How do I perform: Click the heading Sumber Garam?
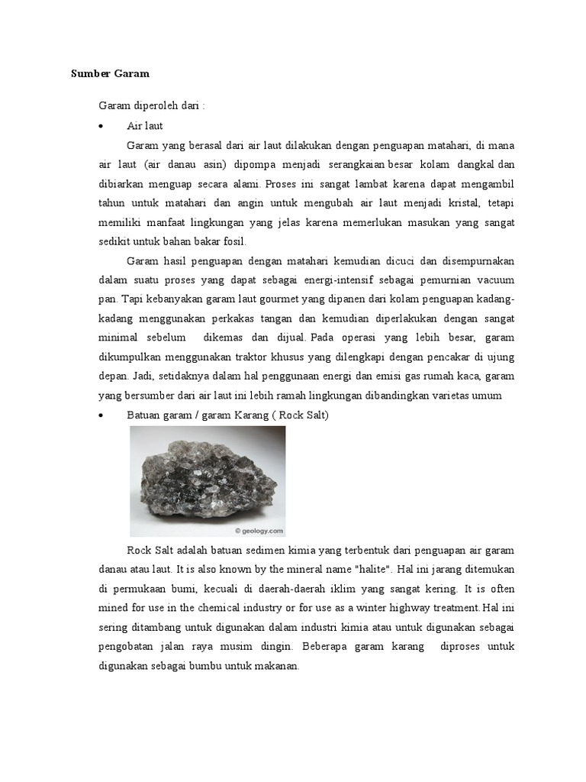[x=110, y=74]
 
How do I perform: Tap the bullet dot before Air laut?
[x=101, y=125]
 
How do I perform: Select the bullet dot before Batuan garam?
[x=101, y=414]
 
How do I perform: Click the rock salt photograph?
[x=208, y=481]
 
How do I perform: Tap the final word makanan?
[x=275, y=666]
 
